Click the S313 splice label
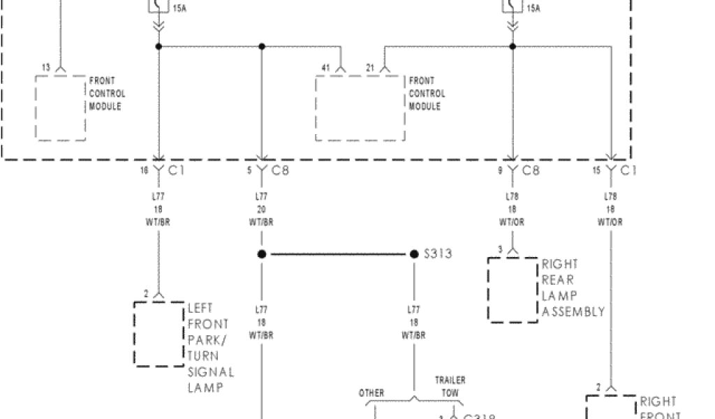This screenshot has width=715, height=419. click(438, 253)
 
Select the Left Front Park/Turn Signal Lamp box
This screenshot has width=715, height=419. click(159, 334)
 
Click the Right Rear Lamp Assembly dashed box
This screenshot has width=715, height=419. click(513, 289)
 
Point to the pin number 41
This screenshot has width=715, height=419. click(325, 67)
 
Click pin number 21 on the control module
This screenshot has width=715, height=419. click(371, 67)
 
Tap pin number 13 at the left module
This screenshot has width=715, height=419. click(46, 67)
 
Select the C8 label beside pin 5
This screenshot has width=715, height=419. click(280, 170)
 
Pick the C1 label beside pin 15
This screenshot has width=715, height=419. click(628, 170)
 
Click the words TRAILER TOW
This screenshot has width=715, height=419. click(450, 387)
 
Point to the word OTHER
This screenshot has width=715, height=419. click(371, 393)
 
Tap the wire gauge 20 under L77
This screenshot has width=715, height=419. click(262, 209)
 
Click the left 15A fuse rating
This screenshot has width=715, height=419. click(179, 9)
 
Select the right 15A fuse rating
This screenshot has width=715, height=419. click(533, 9)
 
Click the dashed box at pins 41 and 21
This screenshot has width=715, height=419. click(360, 108)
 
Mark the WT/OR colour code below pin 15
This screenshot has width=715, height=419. click(610, 222)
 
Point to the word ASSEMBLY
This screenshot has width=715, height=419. click(573, 311)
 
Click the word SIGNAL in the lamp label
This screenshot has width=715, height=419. click(211, 372)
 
